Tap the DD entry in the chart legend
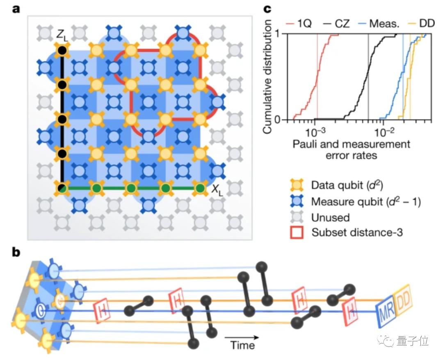(423, 24)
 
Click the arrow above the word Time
(242, 337)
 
